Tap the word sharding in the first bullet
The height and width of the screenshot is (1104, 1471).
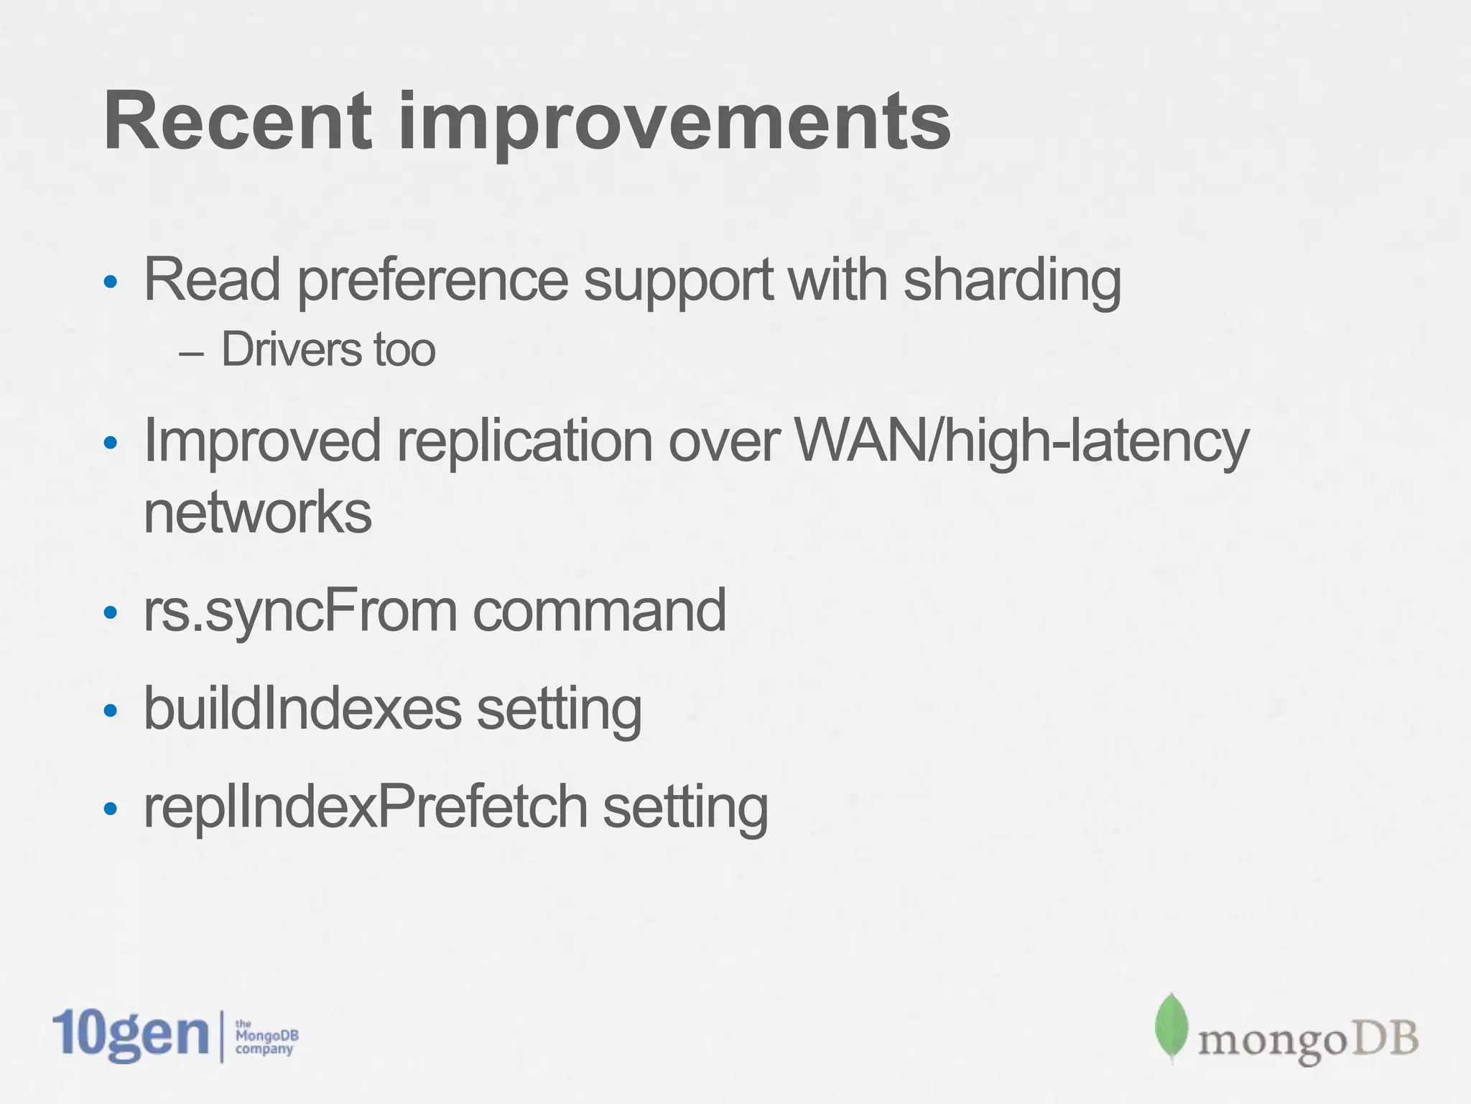[1012, 282]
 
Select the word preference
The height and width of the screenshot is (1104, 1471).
[433, 282]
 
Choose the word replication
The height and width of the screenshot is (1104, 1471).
[525, 441]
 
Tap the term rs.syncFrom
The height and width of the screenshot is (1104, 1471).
[300, 611]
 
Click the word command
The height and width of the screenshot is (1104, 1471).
[600, 611]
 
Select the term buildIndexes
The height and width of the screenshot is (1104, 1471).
[302, 709]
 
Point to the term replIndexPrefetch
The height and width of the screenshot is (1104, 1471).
[366, 808]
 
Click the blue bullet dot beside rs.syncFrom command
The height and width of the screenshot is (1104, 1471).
[110, 613]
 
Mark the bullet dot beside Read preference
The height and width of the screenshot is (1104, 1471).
[110, 282]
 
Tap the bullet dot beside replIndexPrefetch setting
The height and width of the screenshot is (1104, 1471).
[110, 809]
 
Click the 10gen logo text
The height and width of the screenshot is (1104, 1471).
[130, 1035]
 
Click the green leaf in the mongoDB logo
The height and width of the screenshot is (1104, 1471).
[1171, 1028]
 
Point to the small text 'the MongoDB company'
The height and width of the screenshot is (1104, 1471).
[266, 1036]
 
